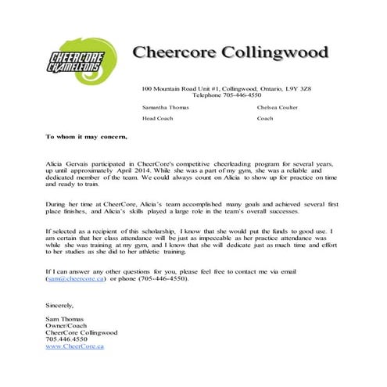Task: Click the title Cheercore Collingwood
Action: tap(230, 53)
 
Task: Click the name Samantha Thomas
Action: tap(166, 107)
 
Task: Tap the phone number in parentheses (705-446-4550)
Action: tap(163, 278)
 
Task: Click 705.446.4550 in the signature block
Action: tap(66, 339)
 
